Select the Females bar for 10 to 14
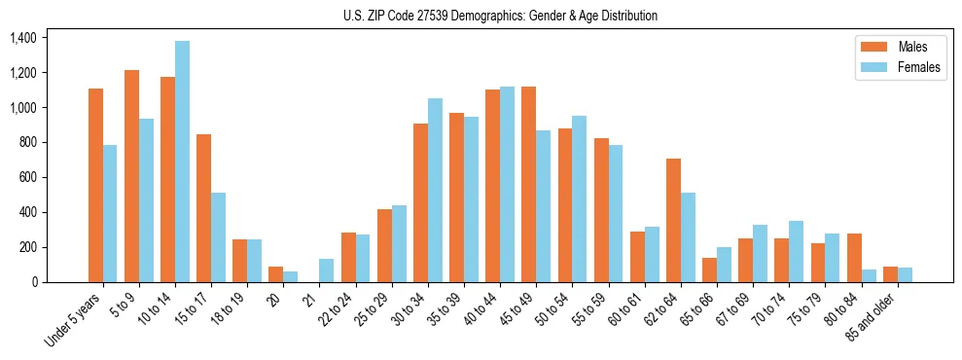[182, 162]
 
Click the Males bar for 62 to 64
[673, 220]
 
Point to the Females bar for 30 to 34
[435, 190]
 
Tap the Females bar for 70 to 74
[797, 251]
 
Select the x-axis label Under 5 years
[74, 321]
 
